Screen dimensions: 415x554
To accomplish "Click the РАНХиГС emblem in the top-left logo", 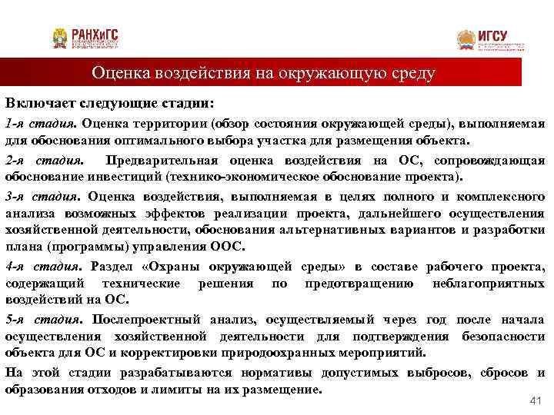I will tap(59, 38).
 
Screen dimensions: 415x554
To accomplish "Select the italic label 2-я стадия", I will tap(41, 161).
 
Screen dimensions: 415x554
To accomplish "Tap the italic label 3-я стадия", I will tap(41, 195).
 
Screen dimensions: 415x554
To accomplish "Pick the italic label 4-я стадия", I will tap(41, 267).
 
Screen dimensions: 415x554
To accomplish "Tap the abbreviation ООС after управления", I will tap(226, 247).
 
